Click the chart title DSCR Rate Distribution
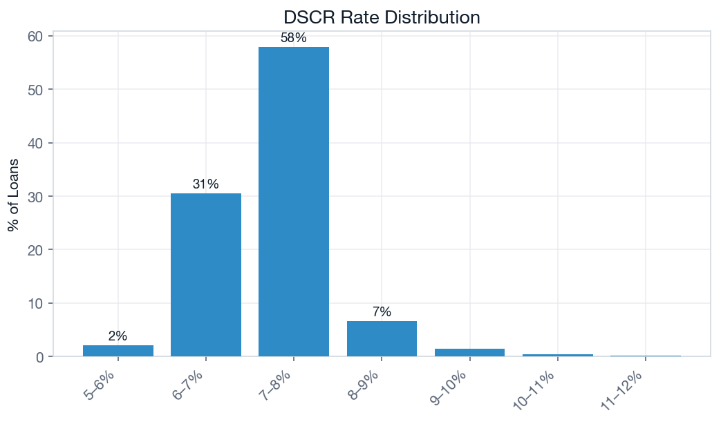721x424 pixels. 382,17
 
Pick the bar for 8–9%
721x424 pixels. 382,339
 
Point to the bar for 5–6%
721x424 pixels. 118,351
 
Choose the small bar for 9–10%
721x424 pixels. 469,353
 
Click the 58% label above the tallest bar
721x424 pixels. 294,38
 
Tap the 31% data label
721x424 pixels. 206,184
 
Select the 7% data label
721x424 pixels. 382,312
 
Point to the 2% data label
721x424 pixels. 118,336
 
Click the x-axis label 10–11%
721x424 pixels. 541,389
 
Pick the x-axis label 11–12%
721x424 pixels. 628,389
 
